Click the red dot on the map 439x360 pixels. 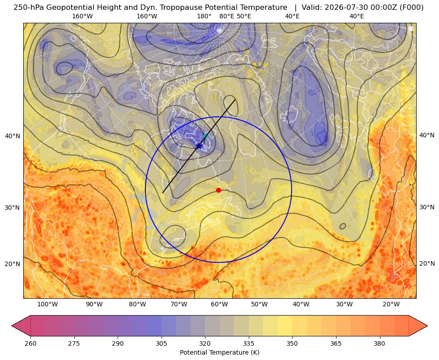click(219, 190)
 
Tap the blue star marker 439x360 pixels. click(199, 146)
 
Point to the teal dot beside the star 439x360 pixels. click(206, 136)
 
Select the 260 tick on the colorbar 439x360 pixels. click(30, 343)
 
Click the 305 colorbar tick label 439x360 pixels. click(161, 343)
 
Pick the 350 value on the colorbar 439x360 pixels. click(292, 343)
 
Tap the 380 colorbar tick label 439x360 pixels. click(379, 343)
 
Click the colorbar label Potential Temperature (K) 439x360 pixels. click(219, 352)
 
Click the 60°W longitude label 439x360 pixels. click(219, 305)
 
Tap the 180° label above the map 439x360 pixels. click(204, 16)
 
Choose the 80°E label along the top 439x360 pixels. click(226, 16)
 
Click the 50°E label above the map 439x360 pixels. click(244, 16)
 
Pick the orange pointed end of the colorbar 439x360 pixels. click(418, 326)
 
